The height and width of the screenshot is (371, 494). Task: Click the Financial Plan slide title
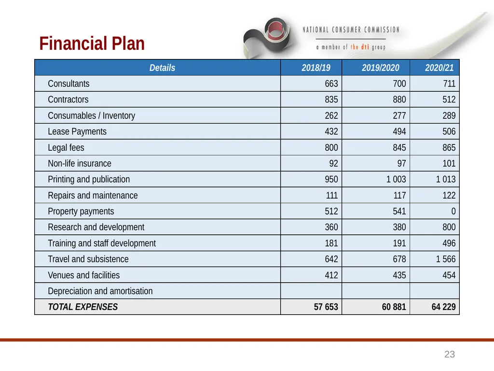click(92, 43)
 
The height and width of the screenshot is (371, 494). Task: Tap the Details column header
click(162, 68)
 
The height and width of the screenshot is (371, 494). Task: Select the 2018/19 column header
click(316, 68)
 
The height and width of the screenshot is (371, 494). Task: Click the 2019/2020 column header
click(380, 68)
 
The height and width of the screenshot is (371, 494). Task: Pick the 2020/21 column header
click(439, 68)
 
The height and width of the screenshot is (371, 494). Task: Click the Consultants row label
click(69, 84)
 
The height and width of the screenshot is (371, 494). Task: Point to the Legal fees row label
click(66, 148)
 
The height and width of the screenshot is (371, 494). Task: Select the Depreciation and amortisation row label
click(100, 291)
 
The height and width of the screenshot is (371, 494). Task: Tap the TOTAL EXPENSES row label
click(82, 307)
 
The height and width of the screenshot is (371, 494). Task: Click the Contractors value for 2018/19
click(331, 100)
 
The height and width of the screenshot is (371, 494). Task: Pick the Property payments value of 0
click(453, 212)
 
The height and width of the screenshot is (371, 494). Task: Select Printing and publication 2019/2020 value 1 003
click(396, 180)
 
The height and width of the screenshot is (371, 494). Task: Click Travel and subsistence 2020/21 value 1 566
click(445, 259)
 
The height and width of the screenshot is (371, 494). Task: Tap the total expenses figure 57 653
click(326, 307)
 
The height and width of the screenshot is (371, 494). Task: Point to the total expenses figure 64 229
click(444, 307)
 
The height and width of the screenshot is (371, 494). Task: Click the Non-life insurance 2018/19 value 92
click(333, 163)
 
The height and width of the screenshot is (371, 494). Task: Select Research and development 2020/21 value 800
click(449, 227)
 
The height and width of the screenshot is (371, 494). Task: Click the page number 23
click(450, 354)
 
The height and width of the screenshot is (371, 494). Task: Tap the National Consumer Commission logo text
click(351, 30)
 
